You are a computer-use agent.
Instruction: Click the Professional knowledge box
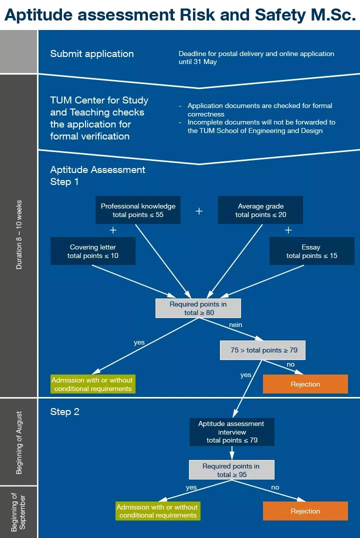[138, 210]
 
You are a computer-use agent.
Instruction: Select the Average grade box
[260, 210]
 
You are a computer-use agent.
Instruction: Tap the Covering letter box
[93, 251]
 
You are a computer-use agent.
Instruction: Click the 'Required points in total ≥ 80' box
[198, 308]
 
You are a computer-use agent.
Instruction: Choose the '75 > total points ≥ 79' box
[262, 350]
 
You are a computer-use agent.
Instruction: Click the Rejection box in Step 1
[305, 384]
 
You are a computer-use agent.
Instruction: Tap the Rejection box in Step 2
[305, 511]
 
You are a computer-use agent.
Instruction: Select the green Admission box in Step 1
[93, 384]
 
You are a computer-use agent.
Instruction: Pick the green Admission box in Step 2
[158, 511]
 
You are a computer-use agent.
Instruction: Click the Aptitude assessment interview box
[231, 432]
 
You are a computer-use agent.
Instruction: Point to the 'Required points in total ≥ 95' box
[231, 470]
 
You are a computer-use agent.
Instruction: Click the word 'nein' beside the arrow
[235, 325]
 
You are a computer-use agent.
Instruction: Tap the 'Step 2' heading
[64, 412]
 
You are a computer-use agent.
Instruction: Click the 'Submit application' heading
[92, 54]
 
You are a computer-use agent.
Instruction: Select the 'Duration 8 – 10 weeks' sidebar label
[19, 235]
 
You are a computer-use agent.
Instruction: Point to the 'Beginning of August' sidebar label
[19, 442]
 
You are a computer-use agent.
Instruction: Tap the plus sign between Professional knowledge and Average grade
[199, 211]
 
